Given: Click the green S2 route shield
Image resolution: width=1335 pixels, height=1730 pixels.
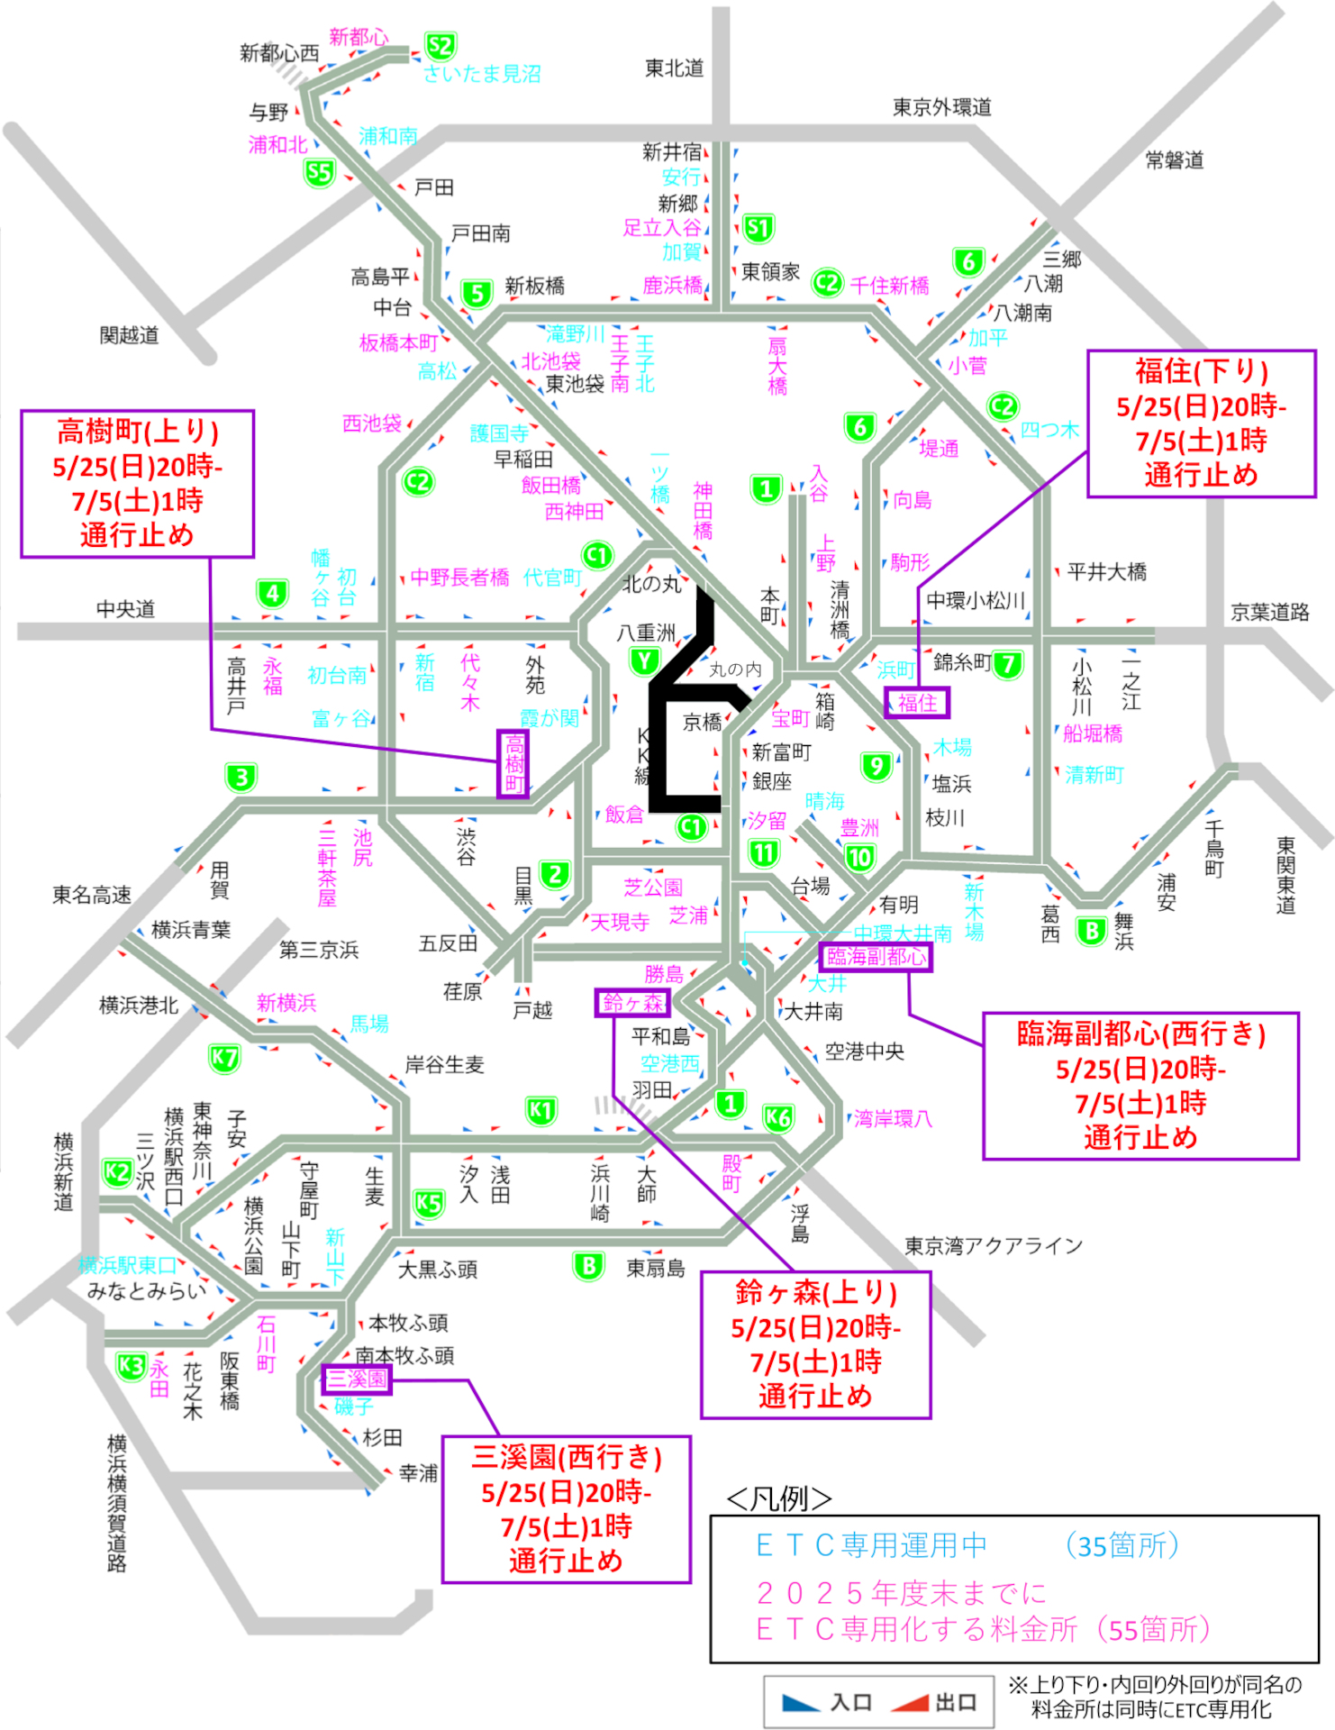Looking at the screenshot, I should [x=440, y=47].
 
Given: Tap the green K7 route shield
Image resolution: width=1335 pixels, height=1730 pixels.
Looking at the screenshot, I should [x=224, y=1058].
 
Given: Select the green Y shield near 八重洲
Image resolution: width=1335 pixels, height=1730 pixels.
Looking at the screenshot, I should [x=644, y=662].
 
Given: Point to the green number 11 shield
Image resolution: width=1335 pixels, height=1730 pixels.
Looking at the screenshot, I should [x=764, y=852].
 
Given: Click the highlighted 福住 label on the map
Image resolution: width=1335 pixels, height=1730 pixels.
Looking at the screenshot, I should [x=917, y=703].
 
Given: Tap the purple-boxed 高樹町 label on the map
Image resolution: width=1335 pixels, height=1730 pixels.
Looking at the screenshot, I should [x=513, y=764].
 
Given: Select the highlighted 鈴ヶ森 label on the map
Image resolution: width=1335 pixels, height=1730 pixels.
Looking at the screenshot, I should [x=632, y=1003].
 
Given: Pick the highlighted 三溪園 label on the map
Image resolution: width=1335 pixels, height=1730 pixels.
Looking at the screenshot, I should [x=357, y=1379].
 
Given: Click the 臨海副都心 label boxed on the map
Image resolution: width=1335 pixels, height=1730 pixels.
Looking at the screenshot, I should [x=876, y=957].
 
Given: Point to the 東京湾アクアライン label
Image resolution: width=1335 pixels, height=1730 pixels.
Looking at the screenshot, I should [x=994, y=1246].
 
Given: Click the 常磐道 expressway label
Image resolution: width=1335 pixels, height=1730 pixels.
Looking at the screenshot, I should [x=1175, y=160].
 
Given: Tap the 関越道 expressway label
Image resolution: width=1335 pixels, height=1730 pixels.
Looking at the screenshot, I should [x=129, y=335].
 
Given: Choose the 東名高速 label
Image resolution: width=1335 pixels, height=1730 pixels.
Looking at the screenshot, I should [x=92, y=895].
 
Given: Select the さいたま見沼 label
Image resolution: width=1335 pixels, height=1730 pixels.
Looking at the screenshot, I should [x=482, y=74].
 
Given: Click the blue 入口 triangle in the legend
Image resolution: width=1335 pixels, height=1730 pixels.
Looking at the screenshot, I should [x=800, y=1702].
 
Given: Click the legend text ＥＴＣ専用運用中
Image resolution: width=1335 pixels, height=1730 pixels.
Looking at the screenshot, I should [x=871, y=1546].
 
